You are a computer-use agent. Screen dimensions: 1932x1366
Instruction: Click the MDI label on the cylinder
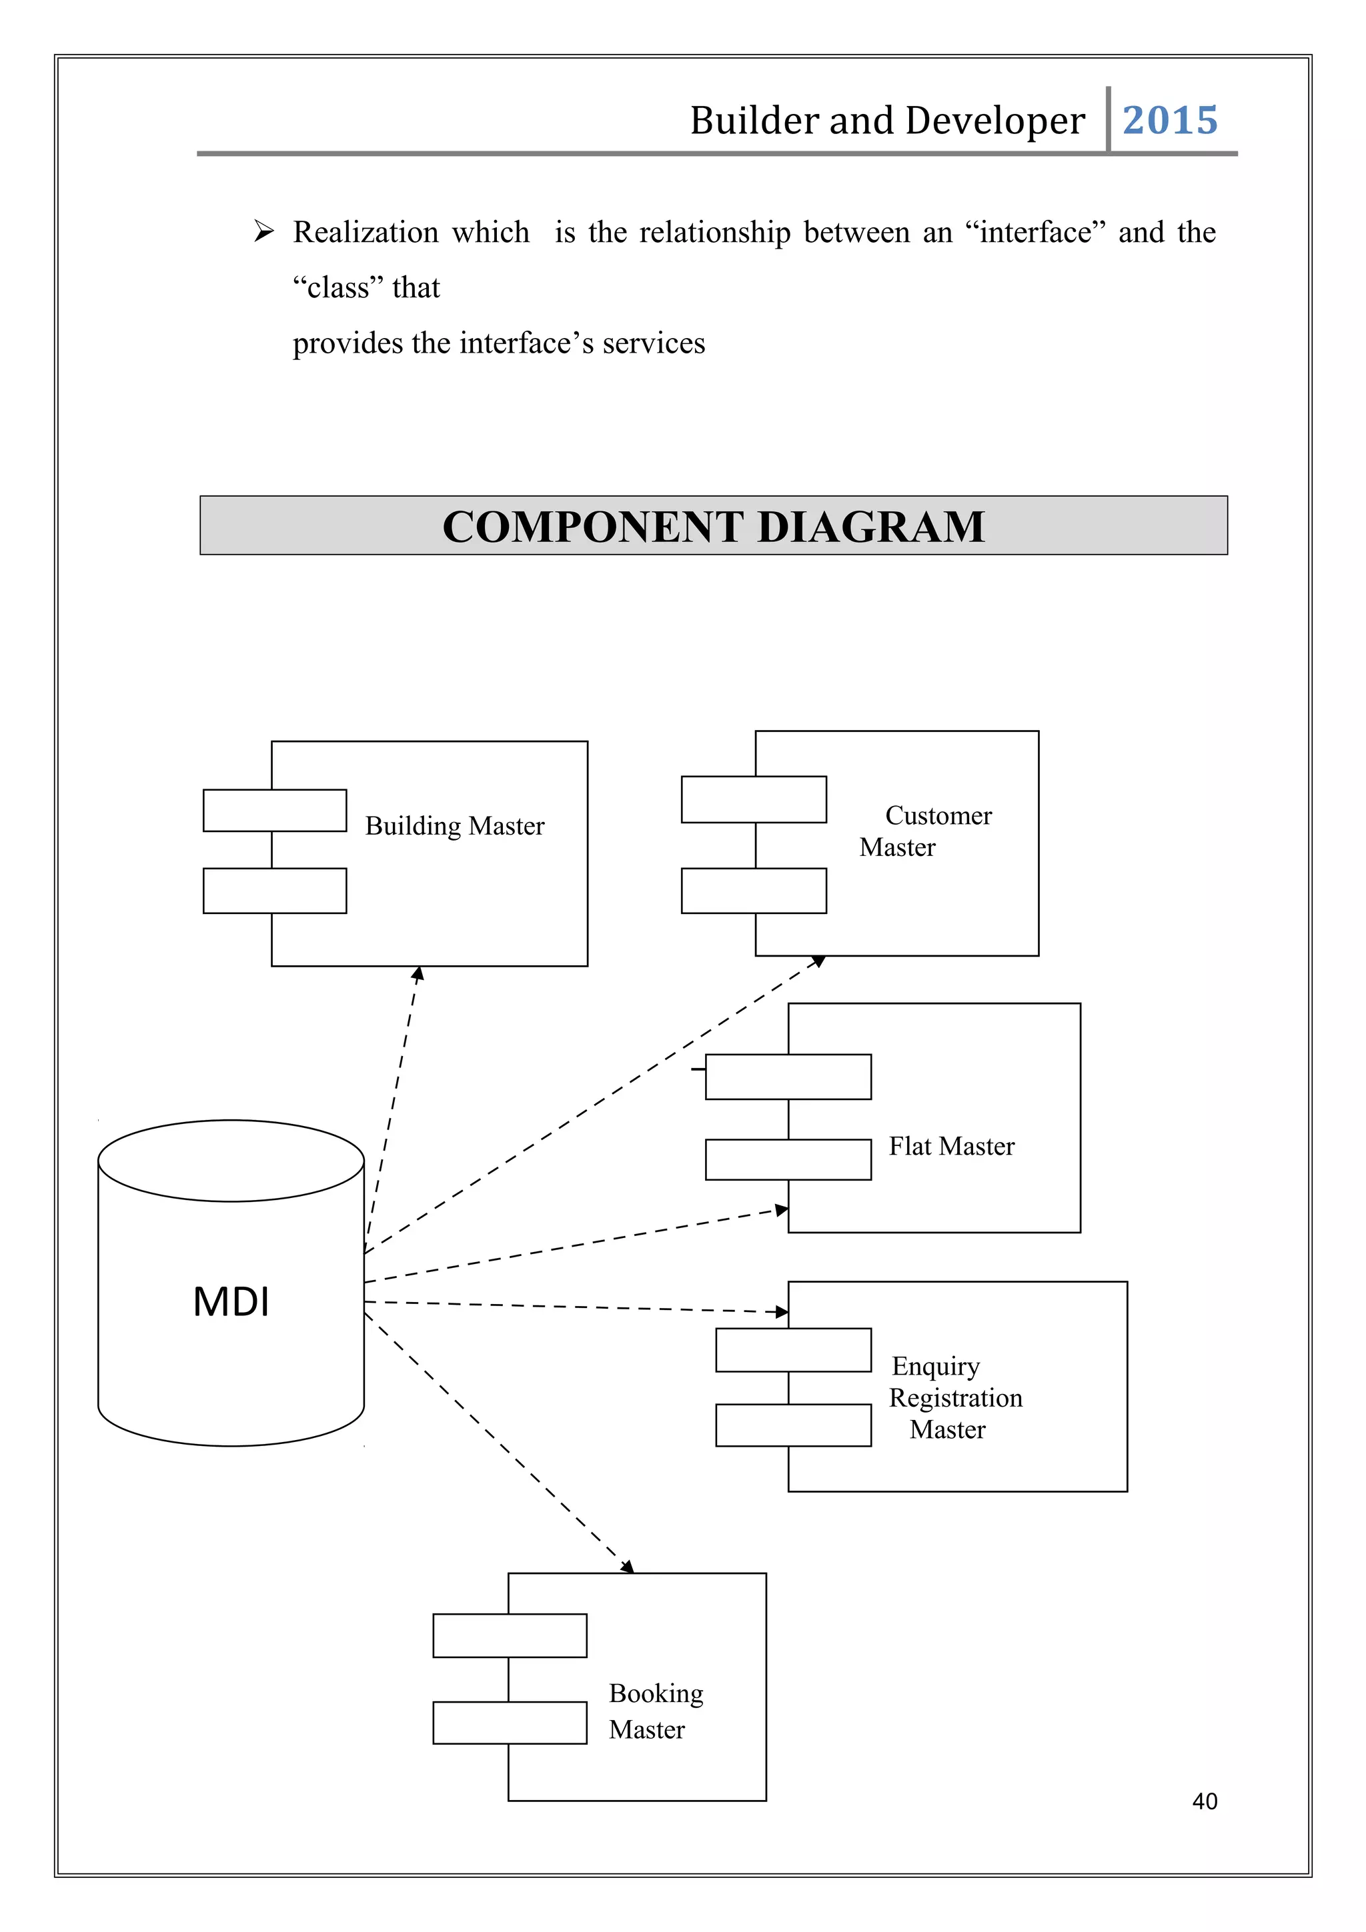(x=231, y=1302)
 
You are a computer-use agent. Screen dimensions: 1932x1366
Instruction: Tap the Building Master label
(x=454, y=825)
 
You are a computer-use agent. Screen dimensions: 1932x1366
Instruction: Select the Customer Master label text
(x=926, y=831)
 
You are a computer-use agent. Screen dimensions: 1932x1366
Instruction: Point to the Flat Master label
(x=951, y=1146)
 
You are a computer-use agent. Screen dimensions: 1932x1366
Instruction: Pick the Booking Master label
(x=656, y=1711)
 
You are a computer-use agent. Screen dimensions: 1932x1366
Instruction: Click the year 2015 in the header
(x=1169, y=120)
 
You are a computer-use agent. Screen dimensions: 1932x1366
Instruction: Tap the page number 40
(x=1205, y=1801)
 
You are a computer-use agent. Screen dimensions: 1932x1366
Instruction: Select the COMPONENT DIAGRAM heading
(x=713, y=527)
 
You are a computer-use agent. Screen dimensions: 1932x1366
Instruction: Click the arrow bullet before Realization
(x=264, y=231)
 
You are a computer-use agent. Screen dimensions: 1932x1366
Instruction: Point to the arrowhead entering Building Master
(x=418, y=973)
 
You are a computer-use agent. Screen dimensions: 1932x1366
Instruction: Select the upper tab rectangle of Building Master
(x=274, y=810)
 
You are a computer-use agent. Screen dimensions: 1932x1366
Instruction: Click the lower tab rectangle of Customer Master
(x=753, y=890)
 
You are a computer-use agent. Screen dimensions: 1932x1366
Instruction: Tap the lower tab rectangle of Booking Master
(x=509, y=1723)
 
